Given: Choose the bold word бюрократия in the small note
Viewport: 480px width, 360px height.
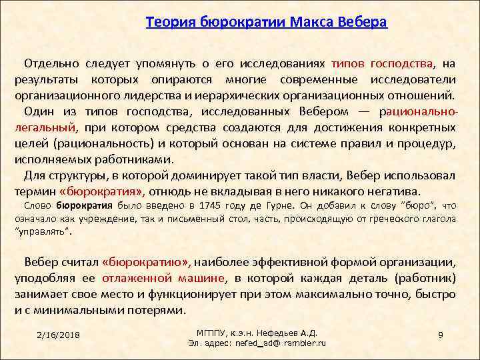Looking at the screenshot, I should click(x=84, y=206).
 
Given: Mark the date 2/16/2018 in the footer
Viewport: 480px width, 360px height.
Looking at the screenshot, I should click(x=58, y=334).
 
